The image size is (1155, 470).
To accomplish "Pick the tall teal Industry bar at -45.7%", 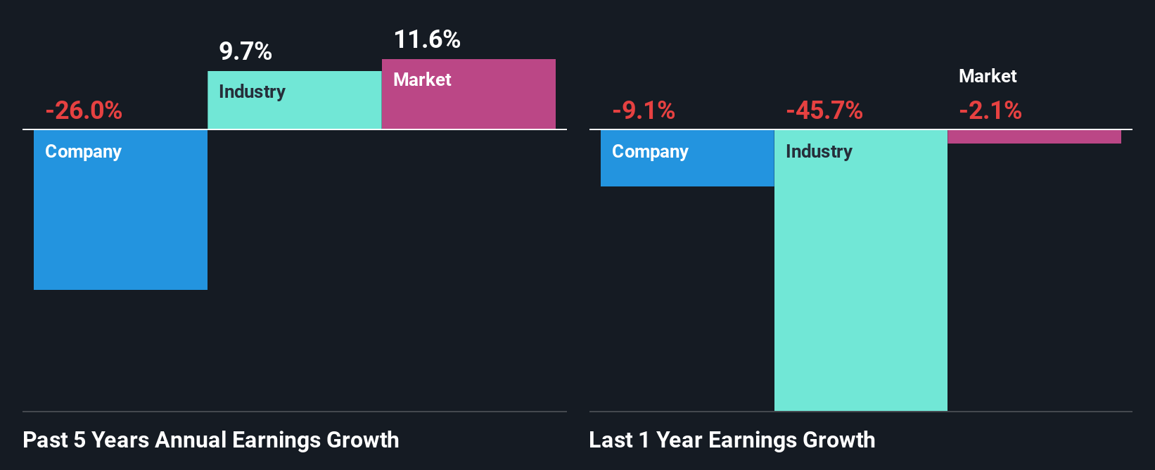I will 860,281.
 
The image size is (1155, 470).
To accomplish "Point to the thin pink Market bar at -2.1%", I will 1034,136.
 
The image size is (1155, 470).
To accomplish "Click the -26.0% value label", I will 84,110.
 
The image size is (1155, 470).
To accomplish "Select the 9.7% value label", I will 245,51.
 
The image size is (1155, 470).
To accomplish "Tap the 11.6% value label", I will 427,39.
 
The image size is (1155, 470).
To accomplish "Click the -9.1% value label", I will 644,110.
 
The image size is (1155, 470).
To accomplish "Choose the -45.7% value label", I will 824,110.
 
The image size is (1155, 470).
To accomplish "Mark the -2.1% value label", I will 990,110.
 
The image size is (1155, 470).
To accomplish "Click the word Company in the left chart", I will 83,152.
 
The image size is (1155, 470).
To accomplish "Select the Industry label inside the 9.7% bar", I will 252,92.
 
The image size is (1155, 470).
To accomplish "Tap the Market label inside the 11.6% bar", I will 422,80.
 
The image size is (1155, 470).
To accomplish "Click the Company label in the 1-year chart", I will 650,152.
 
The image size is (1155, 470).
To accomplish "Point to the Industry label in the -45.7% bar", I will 819,152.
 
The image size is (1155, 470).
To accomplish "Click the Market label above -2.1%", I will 988,76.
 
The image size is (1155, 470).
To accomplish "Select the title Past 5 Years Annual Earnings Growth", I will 211,440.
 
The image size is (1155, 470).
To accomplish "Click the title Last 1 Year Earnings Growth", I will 732,440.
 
